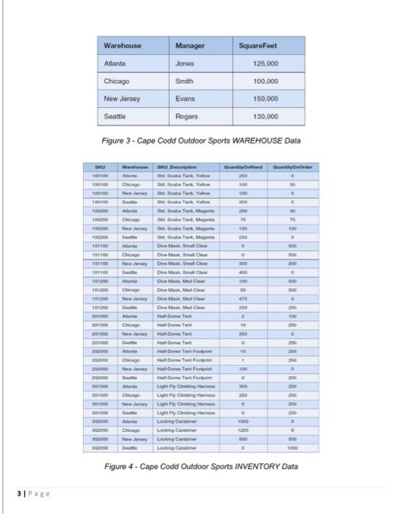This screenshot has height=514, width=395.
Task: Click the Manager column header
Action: pyautogui.click(x=191, y=46)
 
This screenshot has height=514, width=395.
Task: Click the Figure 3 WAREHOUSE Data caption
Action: pyautogui.click(x=200, y=140)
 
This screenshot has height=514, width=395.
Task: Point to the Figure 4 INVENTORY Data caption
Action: pyautogui.click(x=200, y=466)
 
